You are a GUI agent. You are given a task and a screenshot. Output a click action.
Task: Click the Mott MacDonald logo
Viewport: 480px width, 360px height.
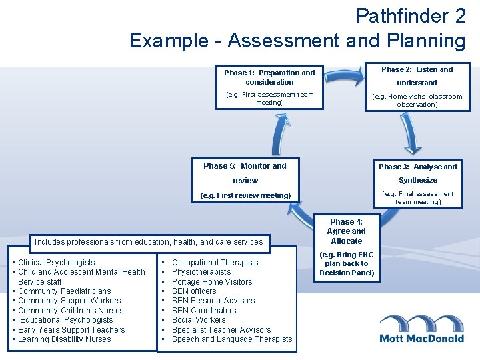tap(421, 329)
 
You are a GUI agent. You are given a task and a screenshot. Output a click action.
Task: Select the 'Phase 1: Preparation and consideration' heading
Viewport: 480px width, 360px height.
tap(269, 77)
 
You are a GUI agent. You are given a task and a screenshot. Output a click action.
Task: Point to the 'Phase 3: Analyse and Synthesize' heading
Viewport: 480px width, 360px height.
tap(418, 173)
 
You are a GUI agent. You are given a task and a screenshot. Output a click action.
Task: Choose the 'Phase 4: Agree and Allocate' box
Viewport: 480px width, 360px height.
tap(346, 231)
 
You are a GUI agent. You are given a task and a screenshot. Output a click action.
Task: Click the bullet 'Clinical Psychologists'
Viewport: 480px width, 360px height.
tap(57, 263)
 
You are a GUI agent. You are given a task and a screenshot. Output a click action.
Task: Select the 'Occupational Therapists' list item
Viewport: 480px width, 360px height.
tap(215, 263)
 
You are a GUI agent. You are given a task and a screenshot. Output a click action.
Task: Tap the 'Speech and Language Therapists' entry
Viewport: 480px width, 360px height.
tap(231, 339)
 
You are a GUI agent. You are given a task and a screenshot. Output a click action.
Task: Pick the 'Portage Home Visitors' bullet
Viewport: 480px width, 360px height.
tap(211, 282)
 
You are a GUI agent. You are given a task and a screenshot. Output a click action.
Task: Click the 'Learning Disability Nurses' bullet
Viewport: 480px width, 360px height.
tap(65, 339)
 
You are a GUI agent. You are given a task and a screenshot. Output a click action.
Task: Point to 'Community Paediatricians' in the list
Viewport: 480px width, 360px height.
tap(64, 291)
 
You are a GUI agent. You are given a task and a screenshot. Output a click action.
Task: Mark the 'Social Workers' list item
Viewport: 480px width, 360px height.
tap(199, 320)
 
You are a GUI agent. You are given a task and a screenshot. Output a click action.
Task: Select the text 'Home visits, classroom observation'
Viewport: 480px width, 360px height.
tap(417, 100)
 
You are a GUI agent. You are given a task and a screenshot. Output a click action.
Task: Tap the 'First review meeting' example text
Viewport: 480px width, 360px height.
tap(245, 195)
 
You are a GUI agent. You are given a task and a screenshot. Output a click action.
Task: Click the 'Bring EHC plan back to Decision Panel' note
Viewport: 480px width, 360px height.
tap(347, 264)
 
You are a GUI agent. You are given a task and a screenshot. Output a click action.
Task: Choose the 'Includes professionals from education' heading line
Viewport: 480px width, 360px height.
tap(149, 242)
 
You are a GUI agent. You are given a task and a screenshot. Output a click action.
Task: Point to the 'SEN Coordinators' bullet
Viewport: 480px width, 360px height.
tap(204, 311)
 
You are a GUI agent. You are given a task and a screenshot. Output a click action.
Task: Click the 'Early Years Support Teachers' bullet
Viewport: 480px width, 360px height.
tap(71, 330)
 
